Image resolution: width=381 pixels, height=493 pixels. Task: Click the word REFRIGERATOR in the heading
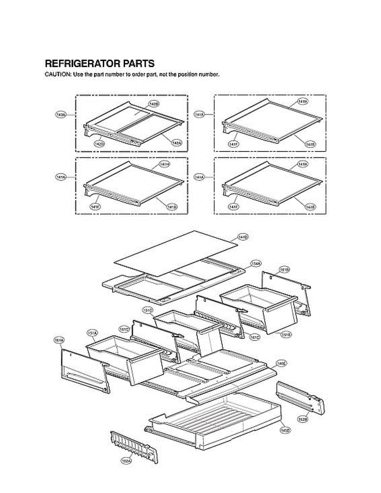tap(82, 64)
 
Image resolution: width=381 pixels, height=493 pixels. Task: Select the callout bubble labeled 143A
tap(61, 115)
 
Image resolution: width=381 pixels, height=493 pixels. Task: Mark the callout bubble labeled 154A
tap(256, 263)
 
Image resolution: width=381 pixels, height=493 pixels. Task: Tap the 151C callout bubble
tap(148, 309)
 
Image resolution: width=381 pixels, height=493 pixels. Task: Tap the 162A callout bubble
tap(127, 461)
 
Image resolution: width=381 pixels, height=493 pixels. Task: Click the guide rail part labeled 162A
tap(134, 447)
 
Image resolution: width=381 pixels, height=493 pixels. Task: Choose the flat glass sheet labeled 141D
tap(177, 253)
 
